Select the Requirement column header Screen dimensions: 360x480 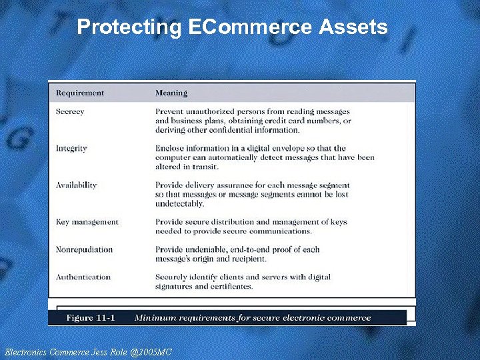pos(80,93)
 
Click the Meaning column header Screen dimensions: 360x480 pos(171,93)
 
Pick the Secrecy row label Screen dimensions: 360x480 pos(70,111)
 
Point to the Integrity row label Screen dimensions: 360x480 pos(71,148)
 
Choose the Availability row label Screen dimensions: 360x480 pos(76,185)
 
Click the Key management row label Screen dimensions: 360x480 pos(87,221)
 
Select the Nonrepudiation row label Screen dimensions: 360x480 pos(84,249)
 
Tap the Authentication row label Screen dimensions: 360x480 pos(83,277)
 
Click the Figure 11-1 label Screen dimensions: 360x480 pos(91,317)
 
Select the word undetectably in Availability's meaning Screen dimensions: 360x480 pos(179,203)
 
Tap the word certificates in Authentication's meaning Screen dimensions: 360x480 pos(230,286)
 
